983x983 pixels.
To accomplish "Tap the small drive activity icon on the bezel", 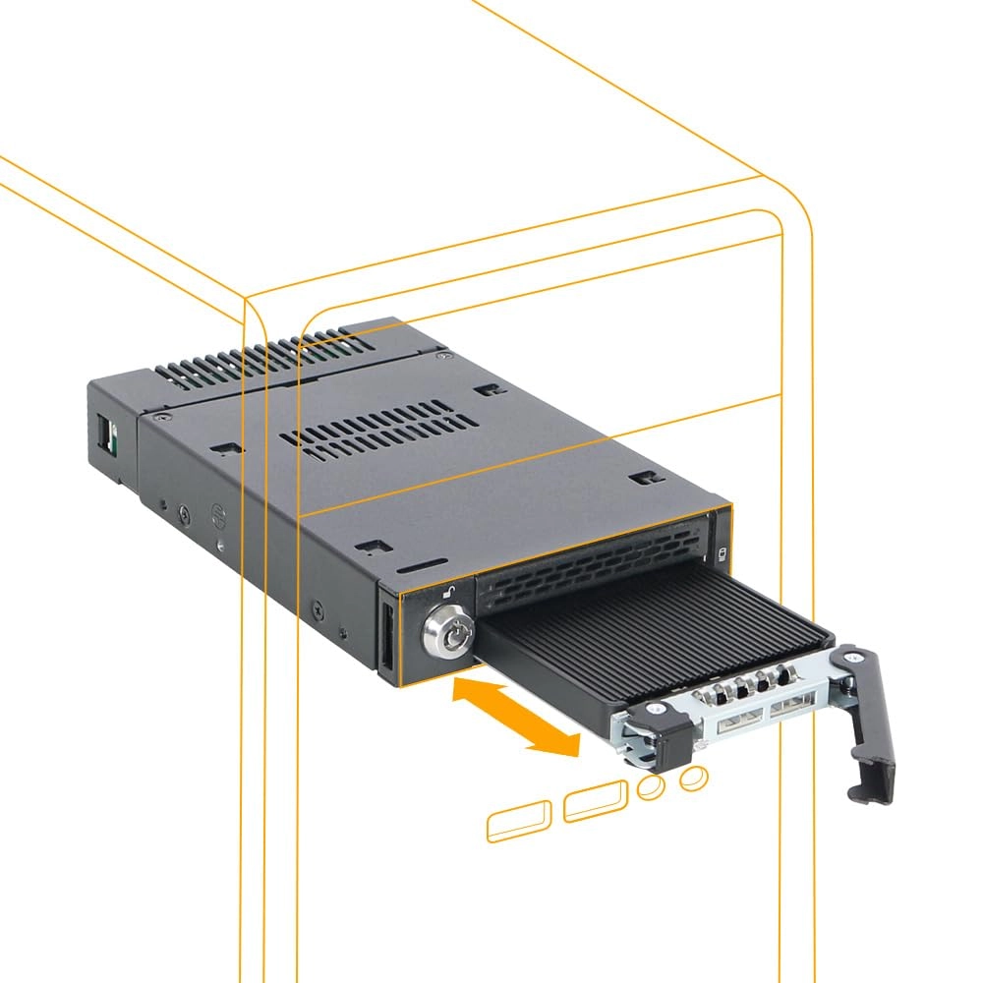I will click(x=722, y=553).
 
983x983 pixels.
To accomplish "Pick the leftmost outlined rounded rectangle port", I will click(x=521, y=822).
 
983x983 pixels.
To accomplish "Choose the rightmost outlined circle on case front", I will click(x=694, y=779).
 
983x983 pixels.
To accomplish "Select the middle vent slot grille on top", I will click(x=378, y=431).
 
